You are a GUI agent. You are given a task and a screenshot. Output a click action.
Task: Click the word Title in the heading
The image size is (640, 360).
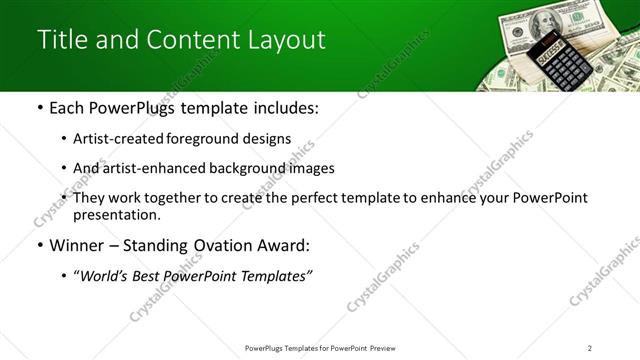coord(62,40)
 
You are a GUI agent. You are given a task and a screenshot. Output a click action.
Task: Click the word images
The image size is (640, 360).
coord(309,169)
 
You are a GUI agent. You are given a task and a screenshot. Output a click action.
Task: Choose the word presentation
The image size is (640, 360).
coord(115,215)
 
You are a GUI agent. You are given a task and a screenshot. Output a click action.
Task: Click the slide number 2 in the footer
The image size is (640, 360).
coord(590,348)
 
